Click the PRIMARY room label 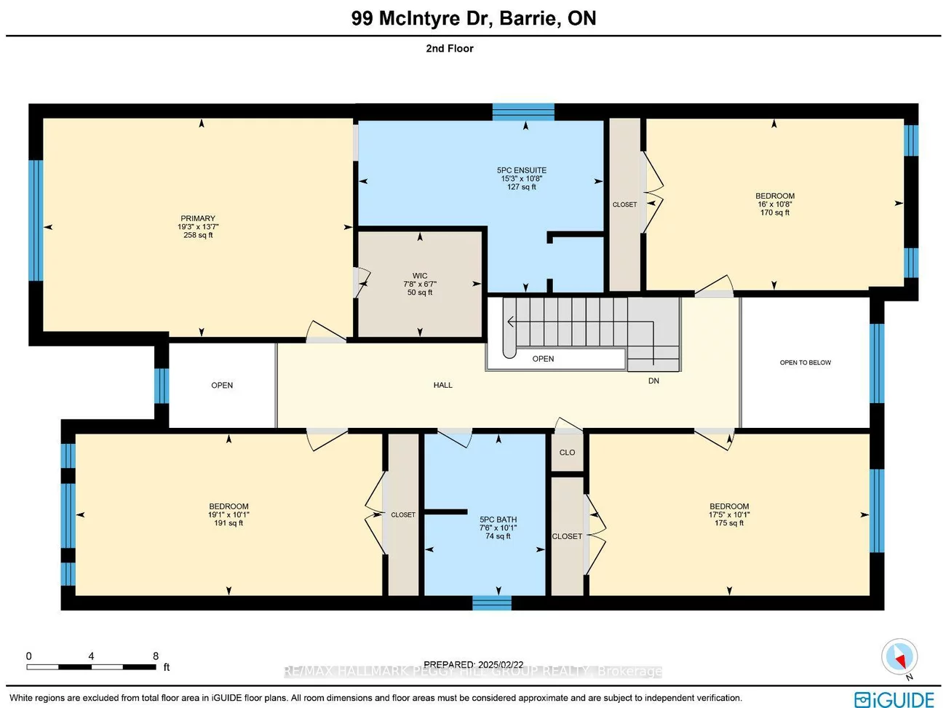(198, 218)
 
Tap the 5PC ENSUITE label (522, 170)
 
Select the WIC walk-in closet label (420, 276)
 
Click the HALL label (442, 385)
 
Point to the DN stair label (653, 381)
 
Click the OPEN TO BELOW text (805, 362)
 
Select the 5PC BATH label (498, 520)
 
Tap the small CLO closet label (567, 453)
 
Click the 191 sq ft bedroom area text (228, 523)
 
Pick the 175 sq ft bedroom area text (729, 523)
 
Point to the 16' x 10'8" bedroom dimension (774, 204)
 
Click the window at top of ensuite (523, 111)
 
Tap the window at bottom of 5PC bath (492, 602)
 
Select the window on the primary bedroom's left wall (36, 220)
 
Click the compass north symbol (899, 657)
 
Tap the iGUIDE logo (894, 699)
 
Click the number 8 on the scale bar (156, 656)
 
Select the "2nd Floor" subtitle (450, 48)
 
